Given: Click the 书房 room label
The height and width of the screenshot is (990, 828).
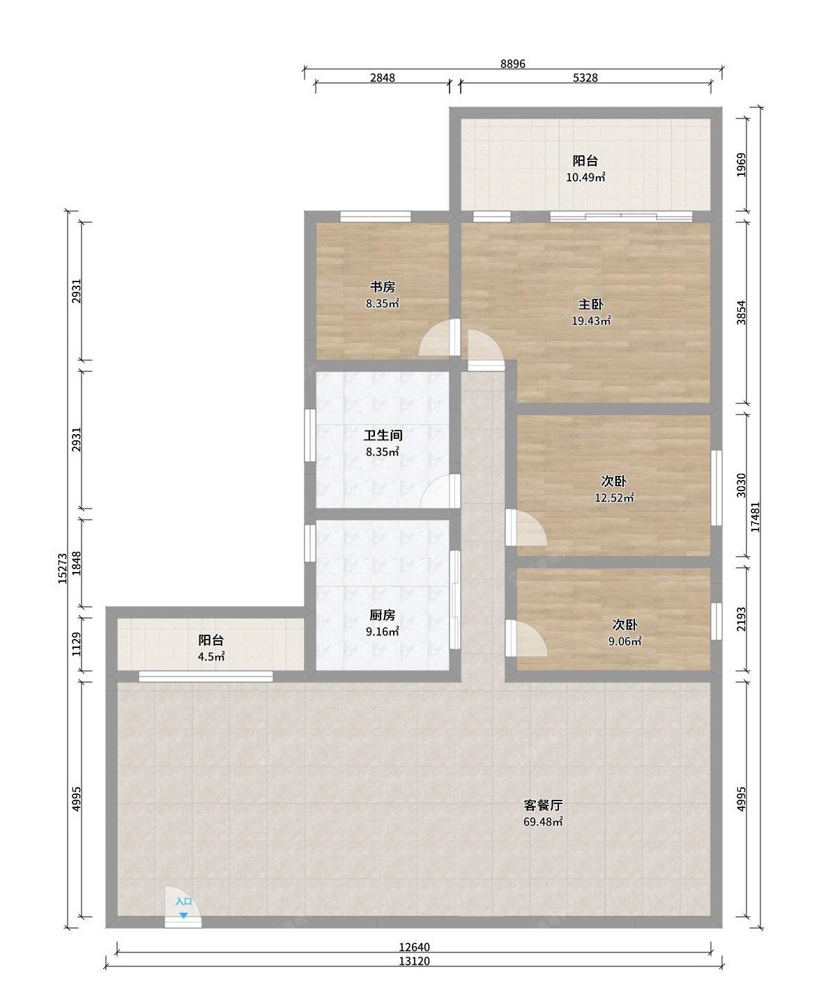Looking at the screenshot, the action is pos(383,287).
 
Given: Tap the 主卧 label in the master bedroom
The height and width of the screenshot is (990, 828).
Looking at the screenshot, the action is pos(591,304).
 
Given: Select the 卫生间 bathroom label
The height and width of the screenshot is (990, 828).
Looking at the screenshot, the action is pos(383,435).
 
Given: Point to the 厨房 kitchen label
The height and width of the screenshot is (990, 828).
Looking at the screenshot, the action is pos(383,615).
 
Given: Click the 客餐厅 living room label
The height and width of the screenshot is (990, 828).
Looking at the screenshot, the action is pos(544,805).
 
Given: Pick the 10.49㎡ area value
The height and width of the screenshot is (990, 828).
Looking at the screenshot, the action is pos(585,178).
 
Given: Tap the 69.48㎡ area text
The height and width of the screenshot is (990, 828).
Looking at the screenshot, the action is pos(544,821).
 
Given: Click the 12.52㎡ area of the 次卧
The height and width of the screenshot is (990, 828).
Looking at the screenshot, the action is pos(615,498).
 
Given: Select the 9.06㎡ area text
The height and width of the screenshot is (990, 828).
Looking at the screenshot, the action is pos(625,642).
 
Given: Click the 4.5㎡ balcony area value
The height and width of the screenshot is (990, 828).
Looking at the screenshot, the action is pos(211,657).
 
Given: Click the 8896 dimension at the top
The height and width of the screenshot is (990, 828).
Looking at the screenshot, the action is pos(513,63).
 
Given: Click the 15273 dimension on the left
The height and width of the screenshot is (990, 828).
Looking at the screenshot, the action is pos(62,568).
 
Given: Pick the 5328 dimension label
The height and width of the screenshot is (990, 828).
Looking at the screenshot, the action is pos(585,77).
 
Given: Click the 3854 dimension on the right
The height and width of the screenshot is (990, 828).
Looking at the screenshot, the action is pos(741,312).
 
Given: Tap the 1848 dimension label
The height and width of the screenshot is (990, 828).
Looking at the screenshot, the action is pos(77,563).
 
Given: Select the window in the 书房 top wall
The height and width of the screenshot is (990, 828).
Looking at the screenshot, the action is pos(376,216).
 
